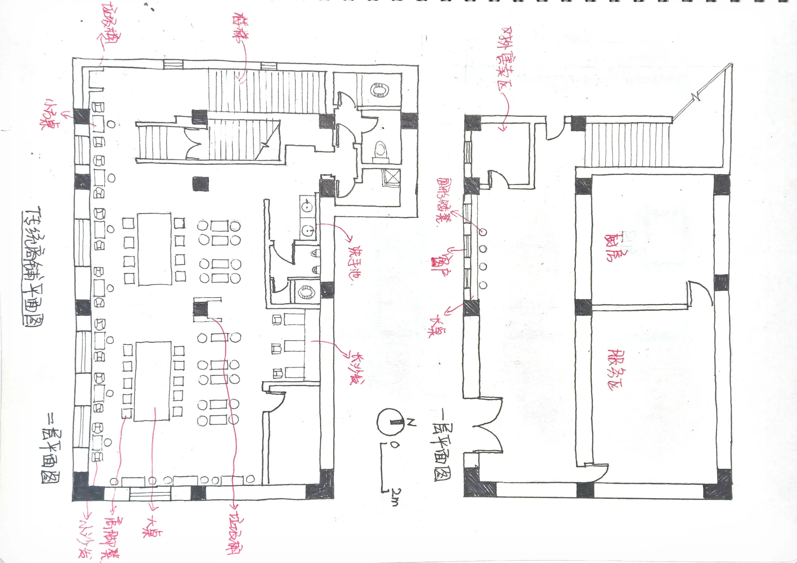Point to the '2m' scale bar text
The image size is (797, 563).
click(395, 496)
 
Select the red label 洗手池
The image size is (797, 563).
click(355, 263)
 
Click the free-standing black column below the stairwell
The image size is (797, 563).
click(200, 184)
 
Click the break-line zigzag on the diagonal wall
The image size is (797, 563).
click(697, 96)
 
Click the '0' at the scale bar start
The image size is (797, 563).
click(395, 445)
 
